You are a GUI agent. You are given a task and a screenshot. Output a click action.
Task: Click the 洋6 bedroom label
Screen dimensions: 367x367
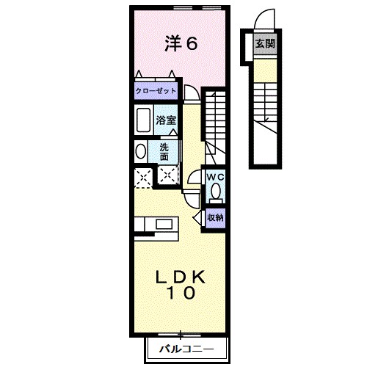coord(181,44)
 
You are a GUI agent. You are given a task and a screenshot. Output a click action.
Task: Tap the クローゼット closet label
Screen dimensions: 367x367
coord(156,91)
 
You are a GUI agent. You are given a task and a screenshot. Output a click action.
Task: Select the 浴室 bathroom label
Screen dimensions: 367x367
coord(165,120)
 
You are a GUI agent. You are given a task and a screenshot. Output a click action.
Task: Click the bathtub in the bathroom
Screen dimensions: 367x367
coord(142,120)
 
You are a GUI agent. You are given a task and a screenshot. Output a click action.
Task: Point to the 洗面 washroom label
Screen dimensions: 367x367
coord(164,151)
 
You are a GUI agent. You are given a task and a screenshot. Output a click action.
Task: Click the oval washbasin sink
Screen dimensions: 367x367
coord(139,151)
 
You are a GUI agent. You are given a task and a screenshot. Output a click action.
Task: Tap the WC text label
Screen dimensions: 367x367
coord(214,178)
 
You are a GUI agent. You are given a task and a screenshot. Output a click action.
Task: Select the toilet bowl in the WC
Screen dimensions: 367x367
coord(215,192)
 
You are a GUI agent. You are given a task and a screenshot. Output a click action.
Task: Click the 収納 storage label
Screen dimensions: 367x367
coord(214,217)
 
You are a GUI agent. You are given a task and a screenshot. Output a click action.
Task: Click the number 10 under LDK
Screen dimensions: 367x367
coord(180,294)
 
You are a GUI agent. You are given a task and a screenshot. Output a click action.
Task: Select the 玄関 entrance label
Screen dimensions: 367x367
coord(265,44)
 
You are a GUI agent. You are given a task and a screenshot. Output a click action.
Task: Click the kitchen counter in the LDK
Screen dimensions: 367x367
coord(154,227)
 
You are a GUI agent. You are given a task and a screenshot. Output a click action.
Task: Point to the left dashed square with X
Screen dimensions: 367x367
coord(142,176)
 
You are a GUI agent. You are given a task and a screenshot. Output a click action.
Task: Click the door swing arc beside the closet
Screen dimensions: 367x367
coord(189,92)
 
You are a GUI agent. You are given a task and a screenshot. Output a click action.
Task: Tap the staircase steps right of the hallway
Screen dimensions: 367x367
coord(215,121)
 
